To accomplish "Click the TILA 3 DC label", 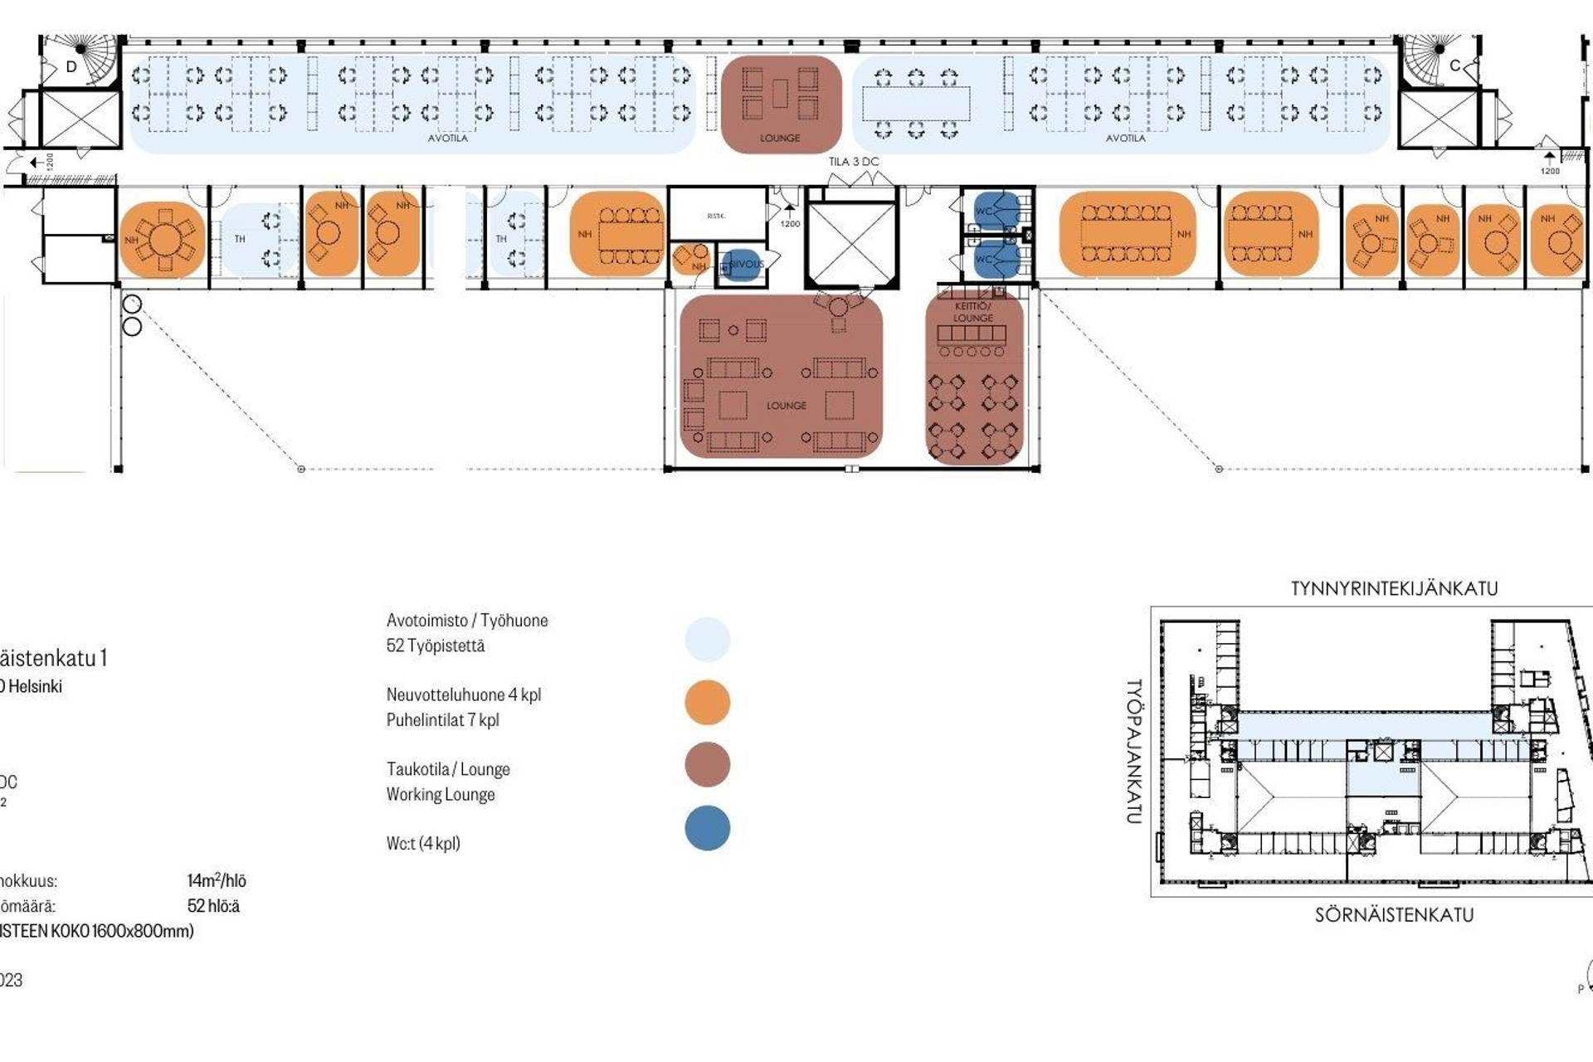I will coord(853,162).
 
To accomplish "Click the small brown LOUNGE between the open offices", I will coord(780,104).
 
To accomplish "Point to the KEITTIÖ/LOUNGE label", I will coord(972,312).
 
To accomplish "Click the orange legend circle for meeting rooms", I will coord(707,702).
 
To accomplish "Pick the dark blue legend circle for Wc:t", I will coord(707,828).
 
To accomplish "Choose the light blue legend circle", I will coord(707,639).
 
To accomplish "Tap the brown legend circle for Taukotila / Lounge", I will coord(707,765).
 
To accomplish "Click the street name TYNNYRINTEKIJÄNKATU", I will coord(1394,589).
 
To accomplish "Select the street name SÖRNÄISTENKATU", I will coord(1394,915).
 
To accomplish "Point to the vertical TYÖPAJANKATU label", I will coord(1134,751).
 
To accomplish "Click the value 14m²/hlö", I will coord(217,881).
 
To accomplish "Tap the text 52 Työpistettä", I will coord(436,645).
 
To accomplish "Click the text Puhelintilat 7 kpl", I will coord(442,720).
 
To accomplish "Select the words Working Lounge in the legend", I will coord(441,794).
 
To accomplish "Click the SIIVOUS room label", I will coord(746,264).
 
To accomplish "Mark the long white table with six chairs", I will coord(916,104).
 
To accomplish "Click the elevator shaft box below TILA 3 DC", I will coord(852,244).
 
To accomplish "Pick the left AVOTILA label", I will coord(447,138).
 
